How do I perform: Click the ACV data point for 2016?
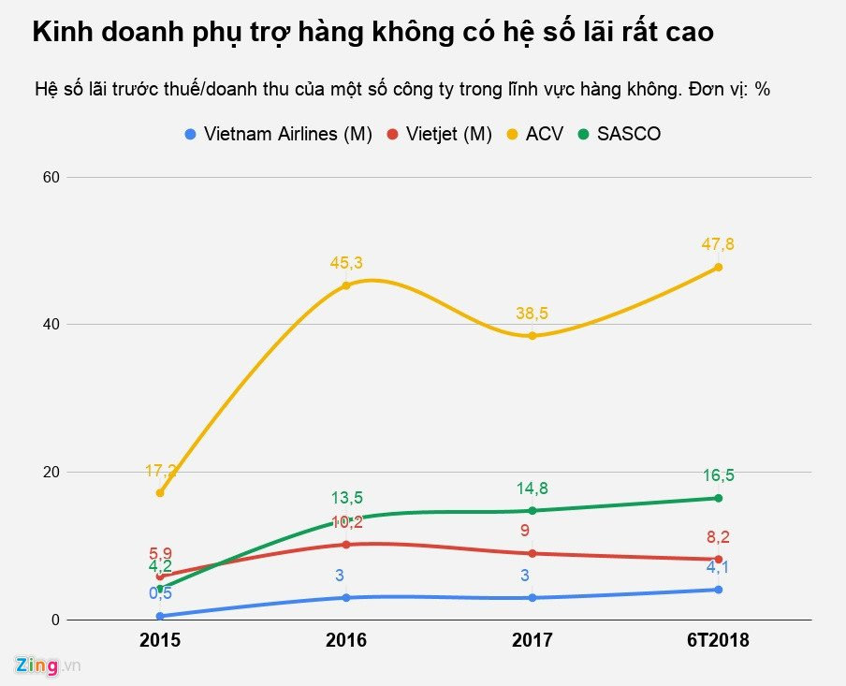point(346,285)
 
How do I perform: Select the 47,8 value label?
point(718,244)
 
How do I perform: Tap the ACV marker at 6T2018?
point(718,267)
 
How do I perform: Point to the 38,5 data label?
point(532,314)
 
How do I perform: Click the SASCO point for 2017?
point(532,510)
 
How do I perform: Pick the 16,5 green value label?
point(718,475)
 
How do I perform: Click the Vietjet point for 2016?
point(346,544)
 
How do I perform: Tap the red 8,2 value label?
point(718,537)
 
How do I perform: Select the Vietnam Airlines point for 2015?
point(160,616)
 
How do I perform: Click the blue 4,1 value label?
point(718,567)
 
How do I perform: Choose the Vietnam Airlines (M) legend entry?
point(278,134)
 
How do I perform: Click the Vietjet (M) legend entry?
point(440,134)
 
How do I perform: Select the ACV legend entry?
point(534,134)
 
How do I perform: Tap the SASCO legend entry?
point(619,134)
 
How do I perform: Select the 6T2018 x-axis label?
point(718,641)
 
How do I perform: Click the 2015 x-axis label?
point(160,641)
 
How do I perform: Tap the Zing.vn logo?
point(49,665)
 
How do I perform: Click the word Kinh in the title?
point(64,34)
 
